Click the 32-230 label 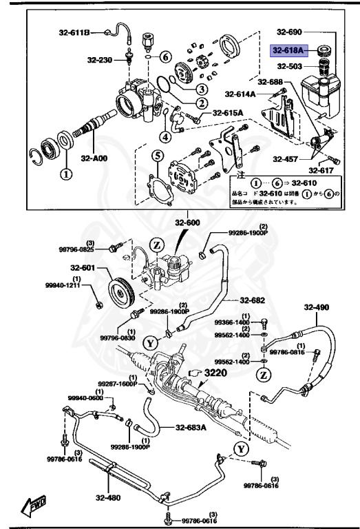99,60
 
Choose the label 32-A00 94,157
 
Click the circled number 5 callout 157,156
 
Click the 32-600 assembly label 187,222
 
